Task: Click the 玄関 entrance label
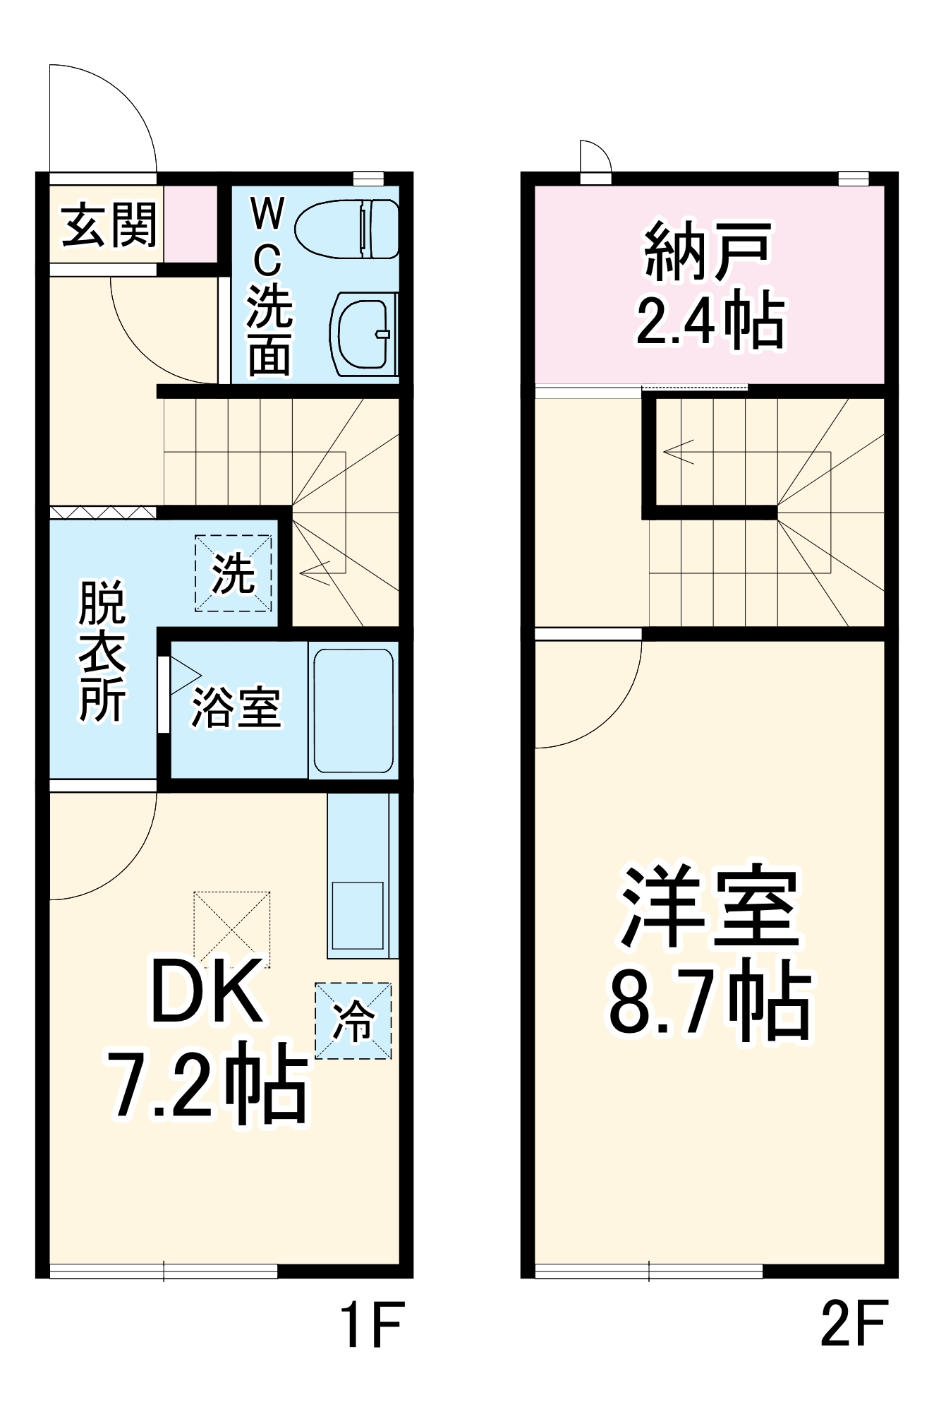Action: point(108,226)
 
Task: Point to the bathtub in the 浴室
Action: point(353,710)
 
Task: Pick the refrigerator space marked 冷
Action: point(353,1021)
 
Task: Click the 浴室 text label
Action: point(236,707)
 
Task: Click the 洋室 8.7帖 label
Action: point(710,953)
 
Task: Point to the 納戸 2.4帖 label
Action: point(710,286)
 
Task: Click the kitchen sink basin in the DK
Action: point(358,915)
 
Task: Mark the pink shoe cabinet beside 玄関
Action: point(190,224)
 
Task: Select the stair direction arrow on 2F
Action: point(678,451)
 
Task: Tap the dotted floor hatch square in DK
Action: point(232,929)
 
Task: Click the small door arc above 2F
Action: point(595,156)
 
